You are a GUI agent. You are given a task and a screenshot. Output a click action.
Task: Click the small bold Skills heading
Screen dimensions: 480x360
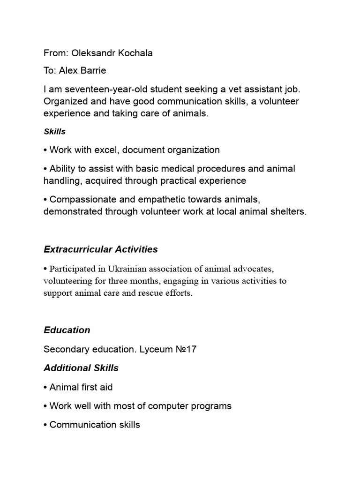point(54,132)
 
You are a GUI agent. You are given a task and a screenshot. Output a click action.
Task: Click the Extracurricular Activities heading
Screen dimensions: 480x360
point(101,249)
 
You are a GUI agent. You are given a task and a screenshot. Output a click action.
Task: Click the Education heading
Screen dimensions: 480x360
point(67,330)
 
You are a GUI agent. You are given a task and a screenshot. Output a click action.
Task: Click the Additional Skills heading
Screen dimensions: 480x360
point(81,368)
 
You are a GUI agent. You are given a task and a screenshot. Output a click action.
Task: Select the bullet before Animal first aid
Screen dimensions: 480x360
point(45,388)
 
